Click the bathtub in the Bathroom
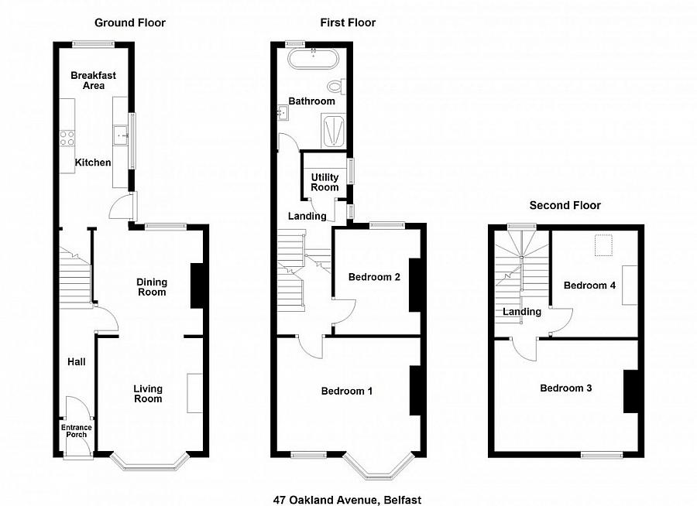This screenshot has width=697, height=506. pyautogui.click(x=314, y=59)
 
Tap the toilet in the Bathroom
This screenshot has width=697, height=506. pyautogui.click(x=337, y=86)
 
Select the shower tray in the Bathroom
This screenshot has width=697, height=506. pyautogui.click(x=333, y=131)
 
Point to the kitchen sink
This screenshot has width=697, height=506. pyautogui.click(x=121, y=135)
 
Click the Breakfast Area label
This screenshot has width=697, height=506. pyautogui.click(x=94, y=80)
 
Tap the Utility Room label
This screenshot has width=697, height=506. pyautogui.click(x=324, y=182)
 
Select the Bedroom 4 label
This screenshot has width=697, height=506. pyautogui.click(x=589, y=285)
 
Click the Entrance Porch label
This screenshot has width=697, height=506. pyautogui.click(x=77, y=430)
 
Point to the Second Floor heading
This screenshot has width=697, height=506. pyautogui.click(x=565, y=205)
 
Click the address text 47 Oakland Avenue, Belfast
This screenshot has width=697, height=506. pyautogui.click(x=347, y=500)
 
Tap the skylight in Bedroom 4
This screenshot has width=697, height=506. pyautogui.click(x=603, y=246)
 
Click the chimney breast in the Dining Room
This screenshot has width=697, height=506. pyautogui.click(x=197, y=286)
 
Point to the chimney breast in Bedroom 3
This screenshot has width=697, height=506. pyautogui.click(x=630, y=391)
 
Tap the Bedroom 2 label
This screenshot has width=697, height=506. pyautogui.click(x=374, y=277)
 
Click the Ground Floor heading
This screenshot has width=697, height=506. pyautogui.click(x=130, y=22)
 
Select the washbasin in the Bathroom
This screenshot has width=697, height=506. pyautogui.click(x=283, y=113)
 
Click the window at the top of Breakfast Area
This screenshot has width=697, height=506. pyautogui.click(x=94, y=44)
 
